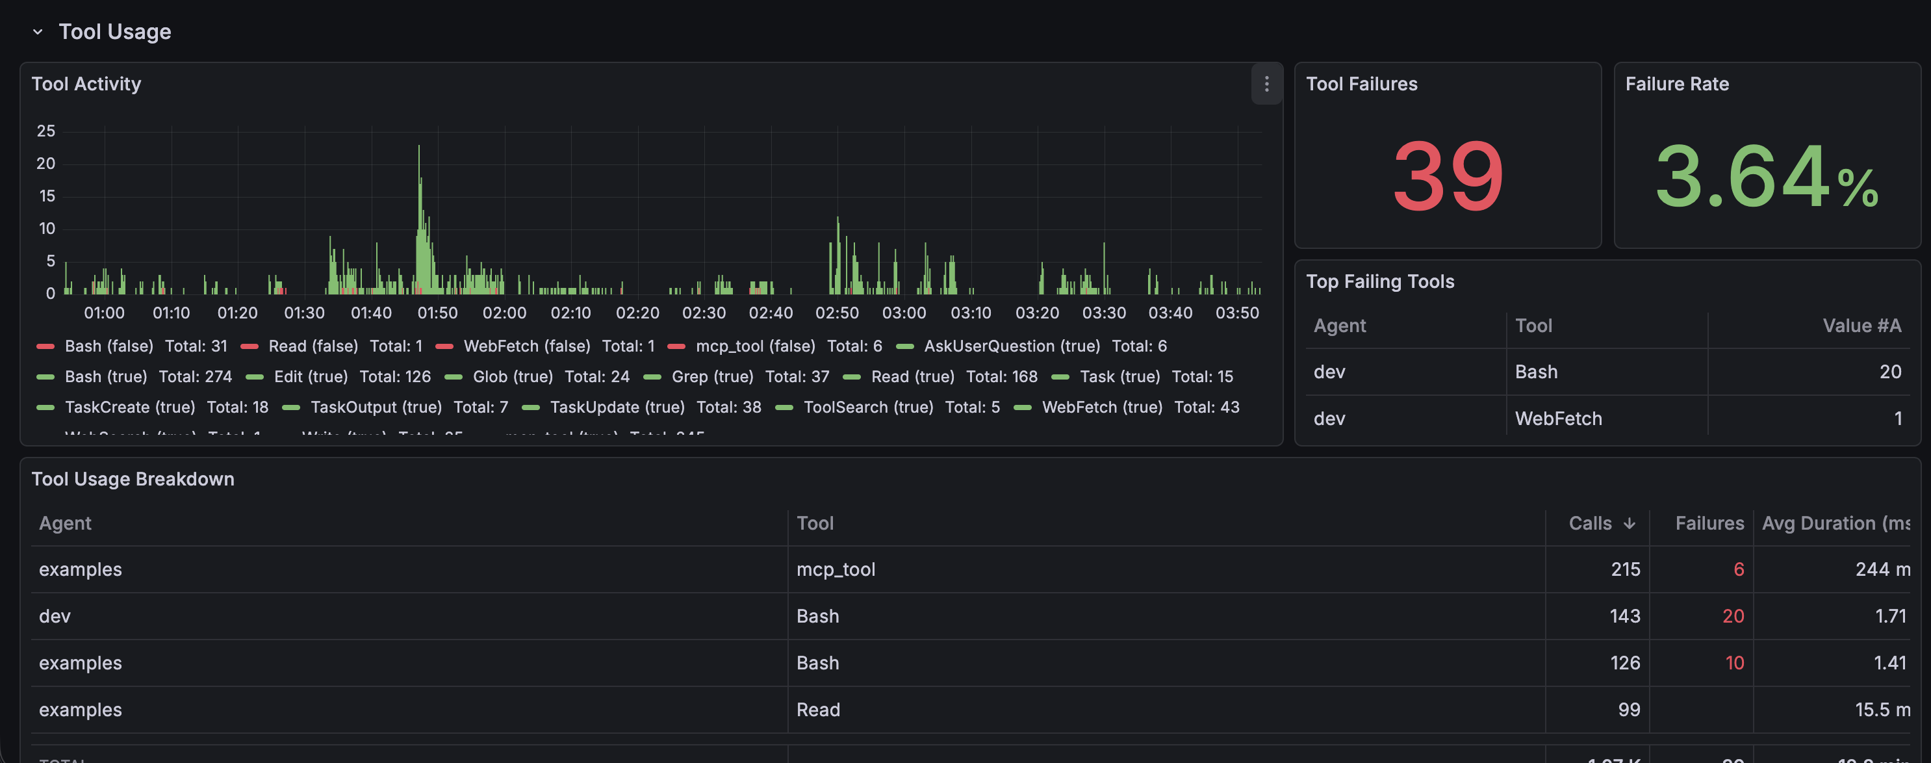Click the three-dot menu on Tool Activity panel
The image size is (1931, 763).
pyautogui.click(x=1266, y=84)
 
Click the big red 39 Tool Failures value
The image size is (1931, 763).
pyautogui.click(x=1448, y=177)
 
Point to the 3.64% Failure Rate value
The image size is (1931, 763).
pyautogui.click(x=1766, y=177)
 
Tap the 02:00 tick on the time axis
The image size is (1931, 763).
pyautogui.click(x=504, y=313)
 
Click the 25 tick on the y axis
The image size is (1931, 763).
pyautogui.click(x=45, y=131)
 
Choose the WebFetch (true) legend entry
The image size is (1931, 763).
pyautogui.click(x=1101, y=407)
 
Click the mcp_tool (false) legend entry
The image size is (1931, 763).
pyautogui.click(x=755, y=346)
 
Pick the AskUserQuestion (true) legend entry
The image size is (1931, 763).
pyautogui.click(x=1011, y=346)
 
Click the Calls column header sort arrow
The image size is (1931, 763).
pyautogui.click(x=1629, y=524)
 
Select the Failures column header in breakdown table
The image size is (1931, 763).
pyautogui.click(x=1709, y=523)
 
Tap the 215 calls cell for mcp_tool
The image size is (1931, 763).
pyautogui.click(x=1625, y=569)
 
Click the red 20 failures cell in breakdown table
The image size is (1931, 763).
pyautogui.click(x=1732, y=616)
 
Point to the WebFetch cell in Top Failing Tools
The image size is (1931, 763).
pyautogui.click(x=1557, y=419)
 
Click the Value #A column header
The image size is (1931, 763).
pyautogui.click(x=1861, y=326)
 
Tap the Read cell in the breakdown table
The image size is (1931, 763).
pyautogui.click(x=818, y=710)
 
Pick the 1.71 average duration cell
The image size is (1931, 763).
pyautogui.click(x=1890, y=616)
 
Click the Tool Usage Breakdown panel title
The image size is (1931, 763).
pyautogui.click(x=133, y=479)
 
